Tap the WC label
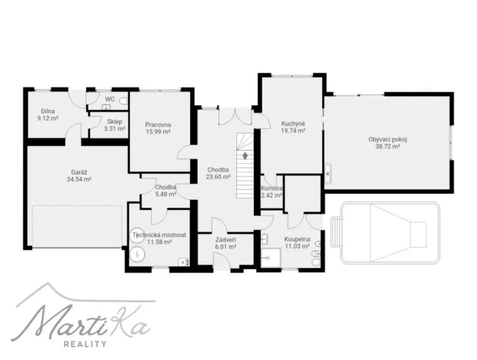[110, 99]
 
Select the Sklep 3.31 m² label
[115, 125]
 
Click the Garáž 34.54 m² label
[78, 175]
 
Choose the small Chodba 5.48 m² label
[165, 190]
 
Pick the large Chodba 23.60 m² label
[218, 173]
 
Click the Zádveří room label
[225, 242]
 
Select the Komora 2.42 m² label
[272, 192]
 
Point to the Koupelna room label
[297, 242]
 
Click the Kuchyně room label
[293, 127]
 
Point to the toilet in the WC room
[125, 100]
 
